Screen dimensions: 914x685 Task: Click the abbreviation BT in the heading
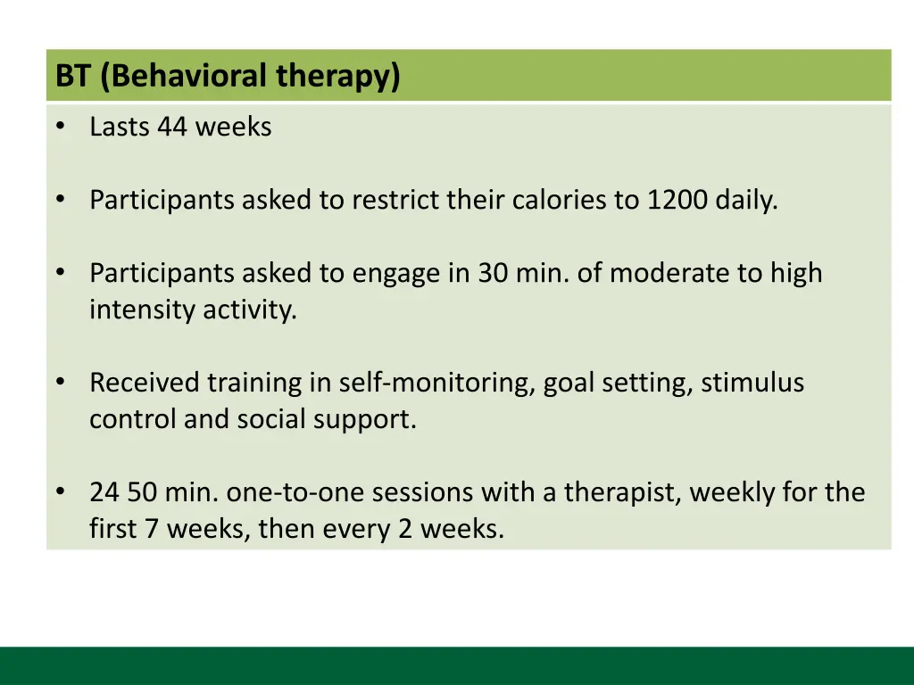pos(73,76)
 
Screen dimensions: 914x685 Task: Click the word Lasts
pos(120,127)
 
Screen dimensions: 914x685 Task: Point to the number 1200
pos(677,201)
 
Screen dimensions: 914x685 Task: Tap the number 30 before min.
pos(493,273)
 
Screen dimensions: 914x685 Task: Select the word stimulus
pos(752,383)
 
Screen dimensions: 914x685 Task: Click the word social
pos(271,419)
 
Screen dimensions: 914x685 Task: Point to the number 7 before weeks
pos(152,530)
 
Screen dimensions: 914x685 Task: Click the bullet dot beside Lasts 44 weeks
pos(61,125)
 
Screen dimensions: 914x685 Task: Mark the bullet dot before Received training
pos(61,381)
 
